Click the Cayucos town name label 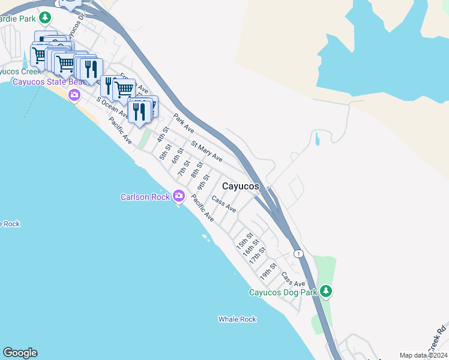[240, 187]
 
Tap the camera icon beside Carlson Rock [178, 196]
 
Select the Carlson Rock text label [144, 197]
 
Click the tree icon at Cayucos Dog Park [326, 292]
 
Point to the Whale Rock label [237, 319]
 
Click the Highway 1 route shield [298, 254]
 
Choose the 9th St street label [204, 181]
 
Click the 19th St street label [268, 272]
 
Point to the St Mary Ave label [206, 152]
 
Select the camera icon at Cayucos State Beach [74, 94]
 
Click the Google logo [20, 353]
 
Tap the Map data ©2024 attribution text [423, 355]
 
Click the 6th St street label [176, 155]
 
